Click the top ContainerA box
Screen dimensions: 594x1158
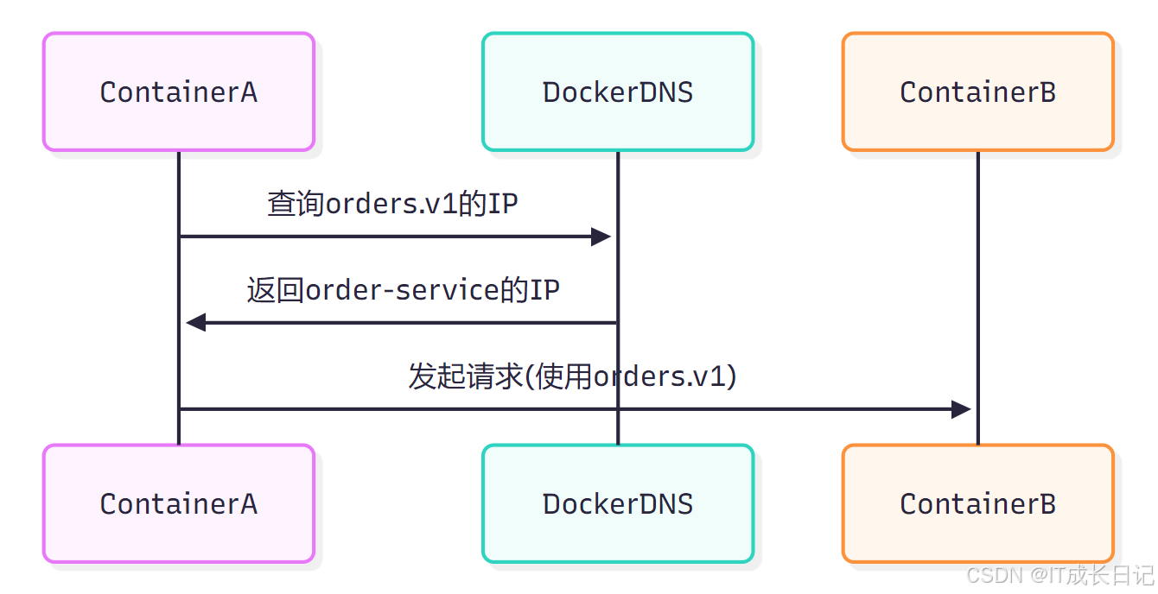coord(179,92)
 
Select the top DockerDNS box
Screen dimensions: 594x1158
coord(618,92)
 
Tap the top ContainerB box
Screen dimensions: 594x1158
coord(977,92)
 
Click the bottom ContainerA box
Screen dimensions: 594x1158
coord(179,504)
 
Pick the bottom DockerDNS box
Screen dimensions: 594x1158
coord(618,504)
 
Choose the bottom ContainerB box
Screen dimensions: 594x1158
coord(977,504)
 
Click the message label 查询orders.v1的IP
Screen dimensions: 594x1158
coord(392,204)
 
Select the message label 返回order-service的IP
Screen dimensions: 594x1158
coord(403,290)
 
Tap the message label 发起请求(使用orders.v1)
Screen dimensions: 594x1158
coord(572,376)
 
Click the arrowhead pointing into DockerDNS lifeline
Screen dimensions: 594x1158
coord(601,237)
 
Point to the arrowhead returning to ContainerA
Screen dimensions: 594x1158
coord(196,323)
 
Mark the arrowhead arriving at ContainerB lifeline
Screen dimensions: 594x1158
coord(961,409)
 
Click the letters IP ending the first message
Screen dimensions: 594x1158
coord(503,204)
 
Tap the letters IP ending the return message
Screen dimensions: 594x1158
coord(544,290)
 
